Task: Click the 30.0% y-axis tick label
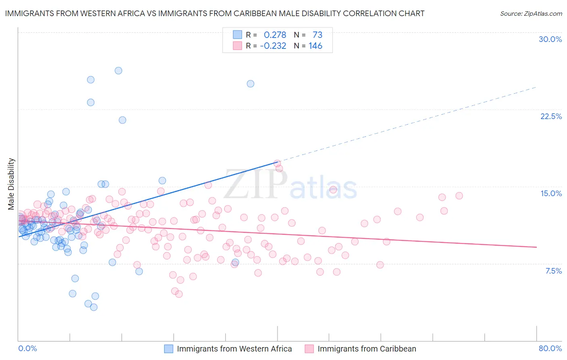point(550,39)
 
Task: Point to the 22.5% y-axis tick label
point(551,116)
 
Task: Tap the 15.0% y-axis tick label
point(551,193)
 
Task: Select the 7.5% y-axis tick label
point(553,271)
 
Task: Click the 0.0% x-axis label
point(27,348)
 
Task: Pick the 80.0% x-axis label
point(550,348)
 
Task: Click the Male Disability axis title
point(11,184)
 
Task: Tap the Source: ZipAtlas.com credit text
point(531,13)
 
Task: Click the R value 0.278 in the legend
point(275,35)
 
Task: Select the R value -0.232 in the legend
point(273,46)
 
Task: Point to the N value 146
point(315,46)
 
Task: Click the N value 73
point(317,35)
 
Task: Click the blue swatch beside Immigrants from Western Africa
point(169,349)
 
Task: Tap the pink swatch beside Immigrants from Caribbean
point(309,349)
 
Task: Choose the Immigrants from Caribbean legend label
point(367,349)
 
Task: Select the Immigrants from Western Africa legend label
point(234,349)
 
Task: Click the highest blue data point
point(118,71)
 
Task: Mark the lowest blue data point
point(94,307)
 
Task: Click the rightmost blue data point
point(250,84)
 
